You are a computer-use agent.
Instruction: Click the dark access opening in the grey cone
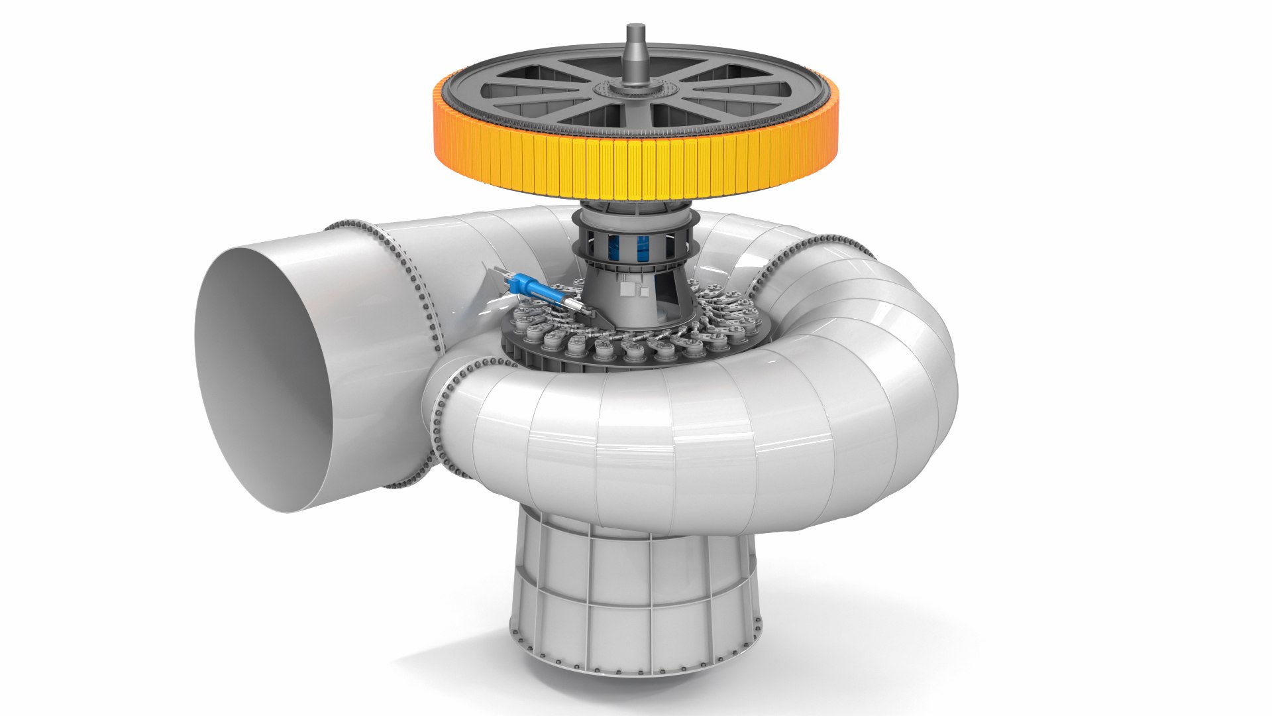(x=666, y=291)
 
